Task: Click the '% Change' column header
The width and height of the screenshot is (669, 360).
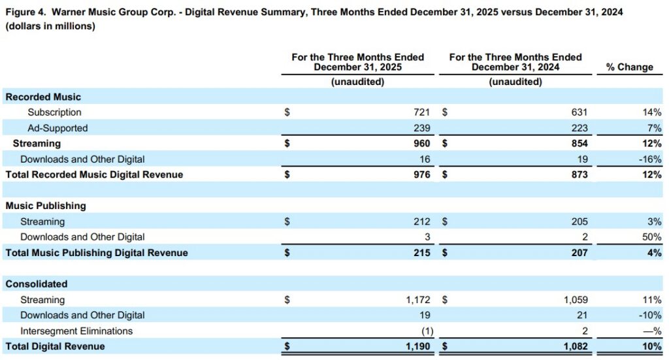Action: [x=629, y=67]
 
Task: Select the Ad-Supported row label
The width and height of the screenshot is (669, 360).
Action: [x=57, y=128]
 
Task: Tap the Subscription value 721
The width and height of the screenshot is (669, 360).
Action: [x=422, y=112]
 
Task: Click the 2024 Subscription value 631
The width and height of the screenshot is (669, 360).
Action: [x=579, y=112]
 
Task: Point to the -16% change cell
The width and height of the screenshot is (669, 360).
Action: [x=649, y=159]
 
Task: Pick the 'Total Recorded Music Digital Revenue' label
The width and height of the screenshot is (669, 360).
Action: [x=94, y=174]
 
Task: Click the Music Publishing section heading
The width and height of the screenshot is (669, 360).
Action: [x=46, y=206]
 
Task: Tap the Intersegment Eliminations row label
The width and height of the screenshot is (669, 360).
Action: [x=76, y=331]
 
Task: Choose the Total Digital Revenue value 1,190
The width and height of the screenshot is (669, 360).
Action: [x=418, y=346]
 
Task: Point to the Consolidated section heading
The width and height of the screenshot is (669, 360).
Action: [x=37, y=284]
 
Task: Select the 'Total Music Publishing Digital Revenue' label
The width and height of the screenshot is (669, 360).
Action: [x=97, y=253]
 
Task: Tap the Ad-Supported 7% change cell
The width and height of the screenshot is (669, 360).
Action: [x=653, y=128]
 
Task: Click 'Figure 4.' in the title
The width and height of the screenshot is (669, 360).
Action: [x=25, y=12]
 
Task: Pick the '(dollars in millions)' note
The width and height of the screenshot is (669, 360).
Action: [x=50, y=27]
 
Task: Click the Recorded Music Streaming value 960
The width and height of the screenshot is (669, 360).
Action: [x=422, y=143]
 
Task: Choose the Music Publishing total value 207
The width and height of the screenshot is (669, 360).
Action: [x=579, y=253]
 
